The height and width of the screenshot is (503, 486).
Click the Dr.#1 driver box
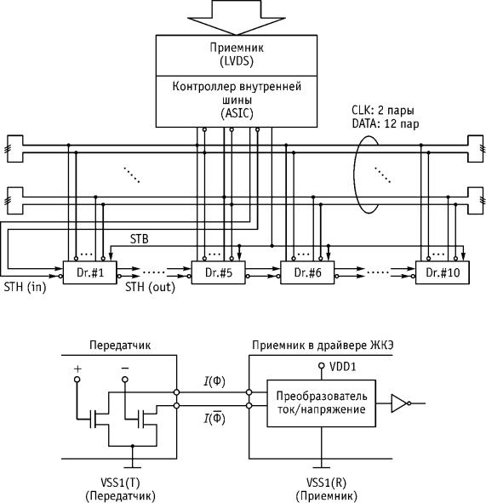pyautogui.click(x=90, y=272)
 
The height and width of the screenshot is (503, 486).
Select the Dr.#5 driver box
pyautogui.click(x=219, y=272)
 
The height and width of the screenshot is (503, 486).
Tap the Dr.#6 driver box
pyautogui.click(x=307, y=272)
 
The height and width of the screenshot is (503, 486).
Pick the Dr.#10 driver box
pyautogui.click(x=443, y=272)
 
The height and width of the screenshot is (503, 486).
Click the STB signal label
pyautogui.click(x=140, y=239)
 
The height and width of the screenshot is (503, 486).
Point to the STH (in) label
pyautogui.click(x=25, y=287)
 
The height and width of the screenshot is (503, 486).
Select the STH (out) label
pyautogui.click(x=150, y=287)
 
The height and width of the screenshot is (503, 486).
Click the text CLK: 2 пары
pyautogui.click(x=383, y=111)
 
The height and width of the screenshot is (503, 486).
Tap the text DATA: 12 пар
pyautogui.click(x=386, y=123)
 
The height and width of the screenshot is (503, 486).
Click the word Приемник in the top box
pyautogui.click(x=237, y=48)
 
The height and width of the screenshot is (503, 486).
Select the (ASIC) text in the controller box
pyautogui.click(x=237, y=113)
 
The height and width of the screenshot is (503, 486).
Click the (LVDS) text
pyautogui.click(x=237, y=61)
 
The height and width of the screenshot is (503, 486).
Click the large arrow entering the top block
pyautogui.click(x=237, y=16)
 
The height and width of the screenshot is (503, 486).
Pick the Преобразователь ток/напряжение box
pyautogui.click(x=322, y=403)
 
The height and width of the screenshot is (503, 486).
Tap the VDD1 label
pyautogui.click(x=343, y=367)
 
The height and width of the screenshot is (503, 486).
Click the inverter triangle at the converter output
pyautogui.click(x=399, y=403)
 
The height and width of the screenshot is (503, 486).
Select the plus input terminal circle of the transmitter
pyautogui.click(x=77, y=380)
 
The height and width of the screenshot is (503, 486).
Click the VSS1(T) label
pyautogui.click(x=120, y=483)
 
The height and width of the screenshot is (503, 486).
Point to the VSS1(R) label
pyautogui.click(x=326, y=483)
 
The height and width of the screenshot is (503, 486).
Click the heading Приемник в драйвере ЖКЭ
pyautogui.click(x=323, y=346)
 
